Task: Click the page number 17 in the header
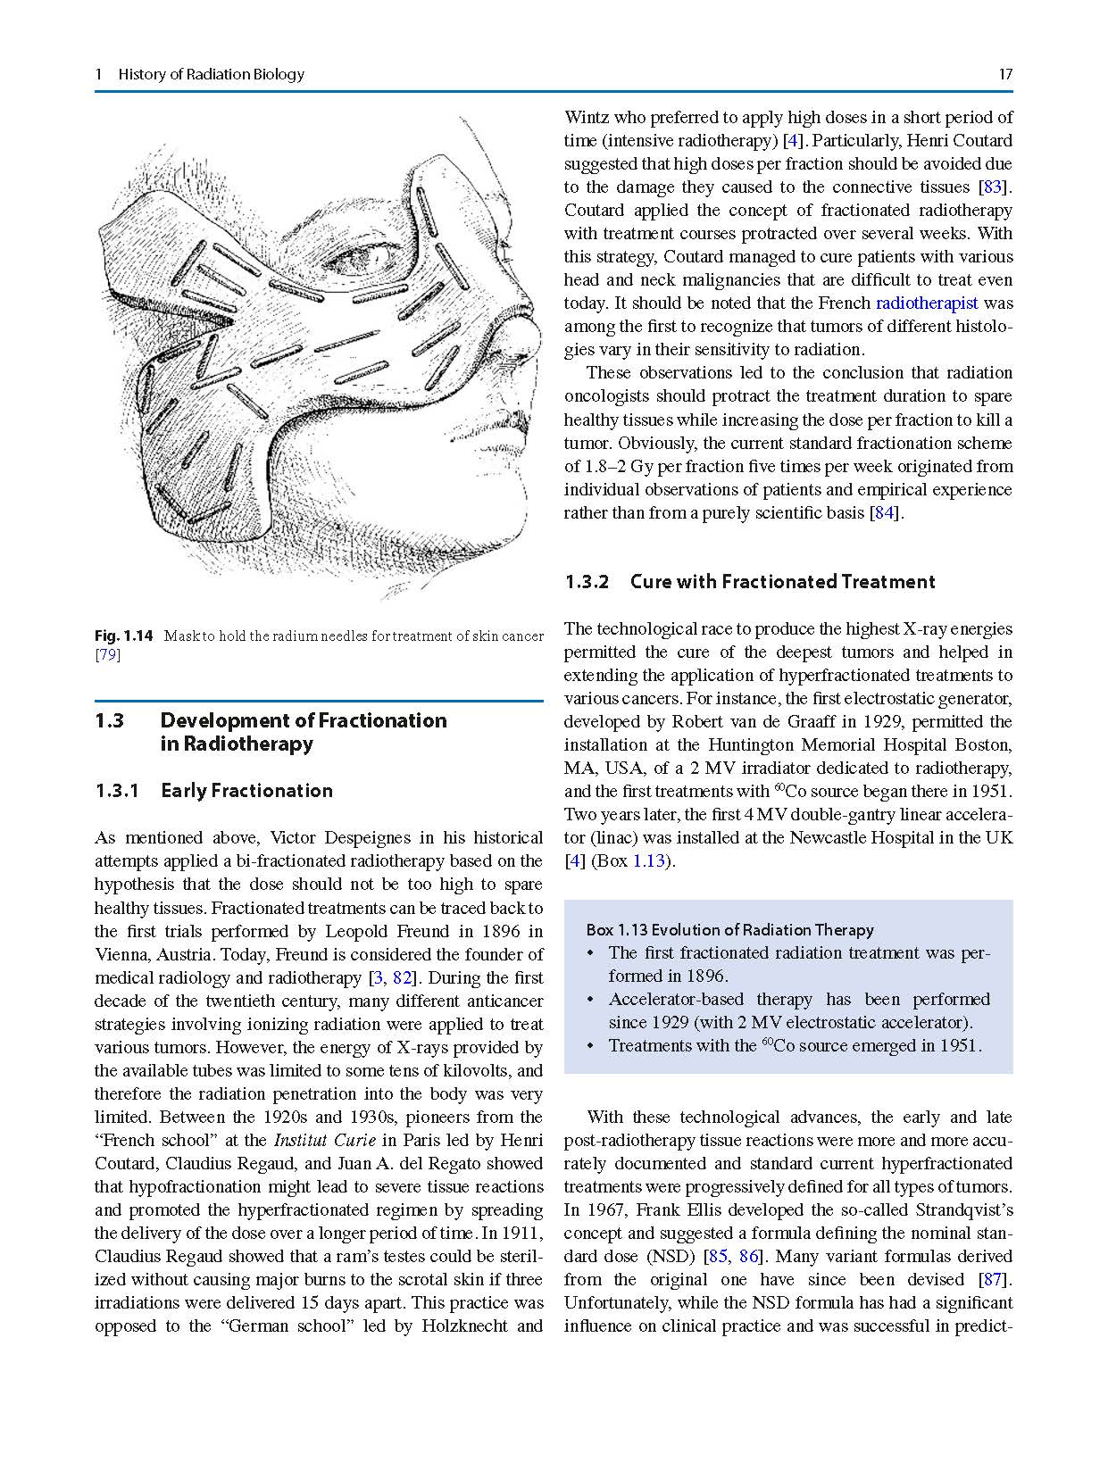pyautogui.click(x=1005, y=75)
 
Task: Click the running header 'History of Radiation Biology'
pyautogui.click(x=211, y=75)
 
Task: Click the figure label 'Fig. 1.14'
pyautogui.click(x=123, y=636)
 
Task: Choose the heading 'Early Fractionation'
pyautogui.click(x=246, y=791)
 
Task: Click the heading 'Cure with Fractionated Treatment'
pyautogui.click(x=782, y=582)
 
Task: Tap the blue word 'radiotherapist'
pyautogui.click(x=927, y=303)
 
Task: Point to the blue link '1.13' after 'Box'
pyautogui.click(x=649, y=861)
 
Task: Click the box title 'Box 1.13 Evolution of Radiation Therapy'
pyautogui.click(x=729, y=930)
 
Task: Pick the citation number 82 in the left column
pyautogui.click(x=401, y=978)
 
